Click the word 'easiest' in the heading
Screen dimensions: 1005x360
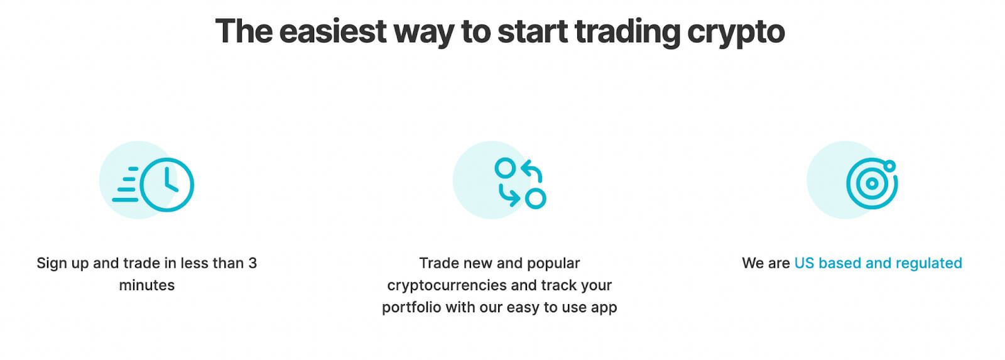(x=333, y=31)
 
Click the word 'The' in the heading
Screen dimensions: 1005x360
(x=244, y=31)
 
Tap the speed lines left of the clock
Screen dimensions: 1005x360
(x=126, y=185)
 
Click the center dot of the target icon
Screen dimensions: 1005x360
(x=872, y=183)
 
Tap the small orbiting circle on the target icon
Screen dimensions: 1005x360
(x=889, y=166)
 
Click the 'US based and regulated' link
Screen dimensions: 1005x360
(x=878, y=263)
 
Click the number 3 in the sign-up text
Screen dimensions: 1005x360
(x=253, y=263)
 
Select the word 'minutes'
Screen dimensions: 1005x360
(x=147, y=285)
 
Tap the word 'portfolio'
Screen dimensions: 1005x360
(x=411, y=307)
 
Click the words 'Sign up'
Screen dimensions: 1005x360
(x=63, y=263)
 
